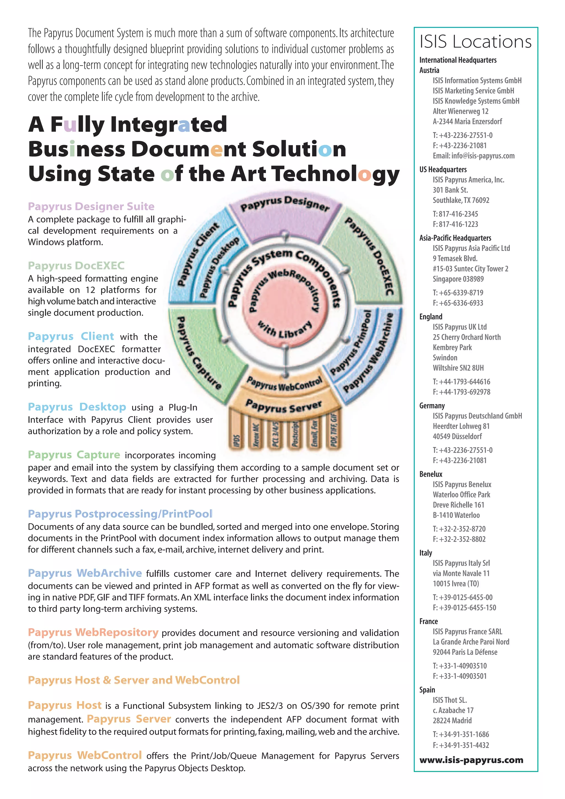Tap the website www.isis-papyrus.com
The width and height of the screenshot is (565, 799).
pos(471,760)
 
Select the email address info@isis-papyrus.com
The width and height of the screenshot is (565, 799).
pos(473,155)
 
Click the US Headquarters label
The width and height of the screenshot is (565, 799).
pos(443,170)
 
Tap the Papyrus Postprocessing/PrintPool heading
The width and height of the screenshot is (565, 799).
pos(120,514)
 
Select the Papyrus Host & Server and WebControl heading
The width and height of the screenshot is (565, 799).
pos(134,680)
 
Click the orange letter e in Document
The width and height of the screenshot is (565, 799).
pos(216,149)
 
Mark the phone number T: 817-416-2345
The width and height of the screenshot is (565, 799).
pos(455,214)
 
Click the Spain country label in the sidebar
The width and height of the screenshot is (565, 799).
pos(427,690)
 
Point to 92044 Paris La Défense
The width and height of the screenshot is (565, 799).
pos(465,652)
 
